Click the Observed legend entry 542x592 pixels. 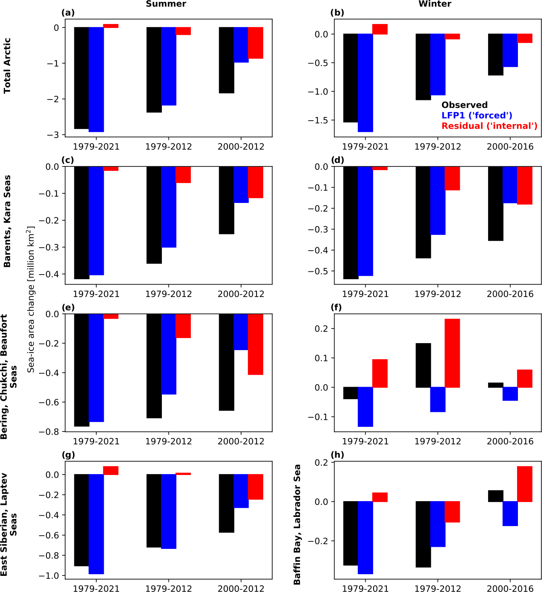(464, 105)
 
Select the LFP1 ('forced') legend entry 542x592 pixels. (477, 115)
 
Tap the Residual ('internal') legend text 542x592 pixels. (489, 126)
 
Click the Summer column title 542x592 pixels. (166, 4)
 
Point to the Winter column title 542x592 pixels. (435, 4)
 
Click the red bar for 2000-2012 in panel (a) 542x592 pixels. (256, 43)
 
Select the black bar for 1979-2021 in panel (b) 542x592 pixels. (351, 78)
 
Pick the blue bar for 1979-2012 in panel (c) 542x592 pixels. (168, 207)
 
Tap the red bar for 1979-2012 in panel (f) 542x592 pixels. (452, 353)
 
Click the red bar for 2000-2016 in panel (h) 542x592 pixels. (525, 484)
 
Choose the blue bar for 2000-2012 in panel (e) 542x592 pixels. (241, 332)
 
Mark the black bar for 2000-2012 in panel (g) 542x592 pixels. (226, 503)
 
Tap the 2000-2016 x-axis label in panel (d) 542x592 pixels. (510, 294)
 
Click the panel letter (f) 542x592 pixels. (336, 307)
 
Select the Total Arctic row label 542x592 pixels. (7, 66)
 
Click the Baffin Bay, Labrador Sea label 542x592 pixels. (297, 524)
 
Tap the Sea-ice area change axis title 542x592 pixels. (31, 299)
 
